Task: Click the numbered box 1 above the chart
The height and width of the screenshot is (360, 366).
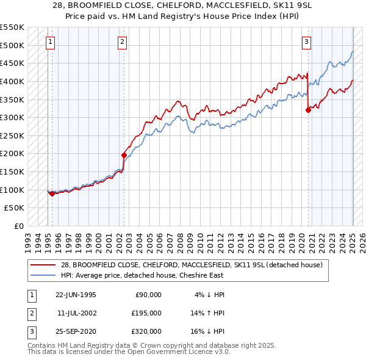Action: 49,42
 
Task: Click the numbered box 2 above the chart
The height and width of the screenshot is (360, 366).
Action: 123,42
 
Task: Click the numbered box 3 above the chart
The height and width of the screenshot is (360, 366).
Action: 306,42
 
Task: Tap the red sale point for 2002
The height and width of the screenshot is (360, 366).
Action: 124,155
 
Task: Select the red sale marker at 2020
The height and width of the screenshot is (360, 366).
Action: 308,110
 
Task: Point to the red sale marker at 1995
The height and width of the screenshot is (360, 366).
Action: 52,193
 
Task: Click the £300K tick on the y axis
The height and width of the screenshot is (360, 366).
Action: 12,117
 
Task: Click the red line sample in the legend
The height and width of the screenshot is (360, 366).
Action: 43,264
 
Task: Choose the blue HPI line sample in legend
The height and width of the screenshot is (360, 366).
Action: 43,275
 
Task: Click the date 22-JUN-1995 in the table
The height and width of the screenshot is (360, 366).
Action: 76,295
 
